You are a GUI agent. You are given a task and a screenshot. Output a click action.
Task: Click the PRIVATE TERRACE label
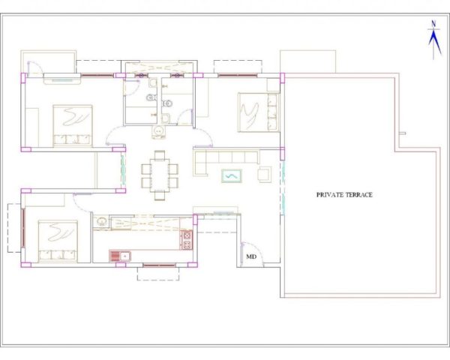coord(344,195)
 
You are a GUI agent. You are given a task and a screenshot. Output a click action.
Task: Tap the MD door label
coord(251,256)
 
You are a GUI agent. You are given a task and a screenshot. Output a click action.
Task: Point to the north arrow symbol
coord(434,40)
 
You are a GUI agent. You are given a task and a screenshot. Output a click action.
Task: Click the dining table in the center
coord(160,175)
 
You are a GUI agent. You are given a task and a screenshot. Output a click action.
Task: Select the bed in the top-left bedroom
coord(73,125)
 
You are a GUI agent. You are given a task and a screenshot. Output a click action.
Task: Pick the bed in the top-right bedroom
coord(259,112)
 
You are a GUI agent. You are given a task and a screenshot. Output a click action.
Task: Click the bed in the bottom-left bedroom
coord(58,241)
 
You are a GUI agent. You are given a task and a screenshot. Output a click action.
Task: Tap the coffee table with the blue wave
coord(231,176)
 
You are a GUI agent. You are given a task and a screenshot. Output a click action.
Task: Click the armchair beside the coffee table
coord(264,175)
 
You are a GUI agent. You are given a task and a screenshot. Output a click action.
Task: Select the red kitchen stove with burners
coord(186,240)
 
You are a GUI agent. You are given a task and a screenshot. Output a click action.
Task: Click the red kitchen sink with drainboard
coord(120,256)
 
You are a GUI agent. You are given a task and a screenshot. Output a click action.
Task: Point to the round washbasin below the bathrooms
coord(158,131)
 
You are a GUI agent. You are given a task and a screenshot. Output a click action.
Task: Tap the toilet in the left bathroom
coord(151,98)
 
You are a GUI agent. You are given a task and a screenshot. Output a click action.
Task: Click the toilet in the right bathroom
coord(167,103)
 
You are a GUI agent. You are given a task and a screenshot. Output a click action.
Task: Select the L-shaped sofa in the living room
coord(226,161)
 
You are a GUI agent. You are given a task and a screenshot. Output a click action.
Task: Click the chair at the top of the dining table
coord(160,155)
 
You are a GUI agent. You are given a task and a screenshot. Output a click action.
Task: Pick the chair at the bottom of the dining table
coord(160,195)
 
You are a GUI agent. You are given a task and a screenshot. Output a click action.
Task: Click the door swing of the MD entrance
coord(253,252)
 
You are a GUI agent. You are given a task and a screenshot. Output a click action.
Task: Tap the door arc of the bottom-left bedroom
coord(82,203)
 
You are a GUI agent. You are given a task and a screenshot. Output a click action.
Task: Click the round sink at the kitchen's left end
coord(101,221)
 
